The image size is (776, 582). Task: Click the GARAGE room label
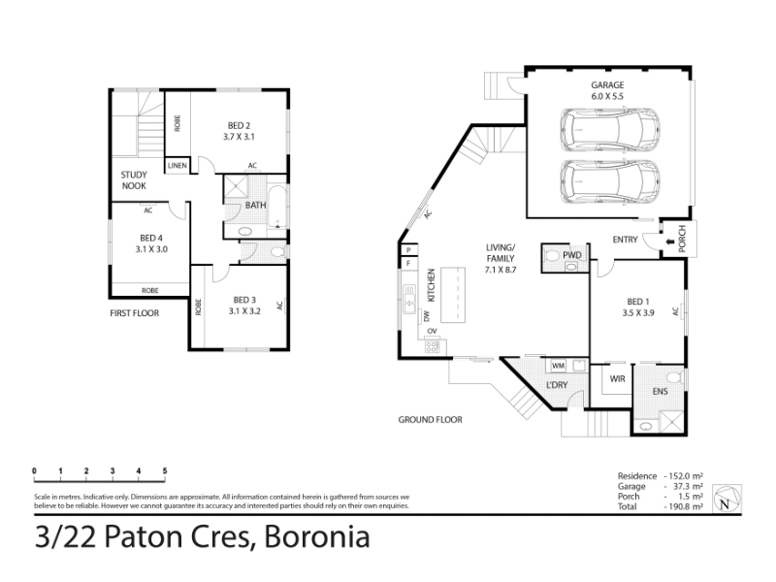click(x=607, y=85)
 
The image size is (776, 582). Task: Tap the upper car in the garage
click(x=610, y=131)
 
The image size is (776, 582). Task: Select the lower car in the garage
click(x=610, y=181)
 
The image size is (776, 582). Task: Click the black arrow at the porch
click(x=670, y=242)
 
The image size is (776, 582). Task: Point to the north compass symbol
click(x=727, y=499)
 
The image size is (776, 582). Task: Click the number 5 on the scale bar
click(x=165, y=470)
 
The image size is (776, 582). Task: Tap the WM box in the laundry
click(x=559, y=366)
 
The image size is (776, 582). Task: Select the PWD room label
click(x=572, y=255)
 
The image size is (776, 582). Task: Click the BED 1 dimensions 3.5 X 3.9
click(x=638, y=312)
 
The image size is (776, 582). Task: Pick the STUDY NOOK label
click(x=134, y=180)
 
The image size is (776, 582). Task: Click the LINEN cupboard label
click(x=178, y=165)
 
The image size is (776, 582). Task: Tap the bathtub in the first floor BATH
click(x=277, y=207)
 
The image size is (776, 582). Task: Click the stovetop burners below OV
click(x=432, y=347)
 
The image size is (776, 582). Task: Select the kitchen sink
click(x=409, y=299)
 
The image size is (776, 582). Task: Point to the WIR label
click(x=617, y=379)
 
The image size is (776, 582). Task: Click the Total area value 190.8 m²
click(x=684, y=506)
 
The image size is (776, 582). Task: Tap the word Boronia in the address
click(x=317, y=537)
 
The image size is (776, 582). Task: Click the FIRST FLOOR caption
click(x=135, y=313)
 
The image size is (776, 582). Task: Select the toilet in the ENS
click(x=673, y=378)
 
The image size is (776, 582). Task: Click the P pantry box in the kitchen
click(x=409, y=250)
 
